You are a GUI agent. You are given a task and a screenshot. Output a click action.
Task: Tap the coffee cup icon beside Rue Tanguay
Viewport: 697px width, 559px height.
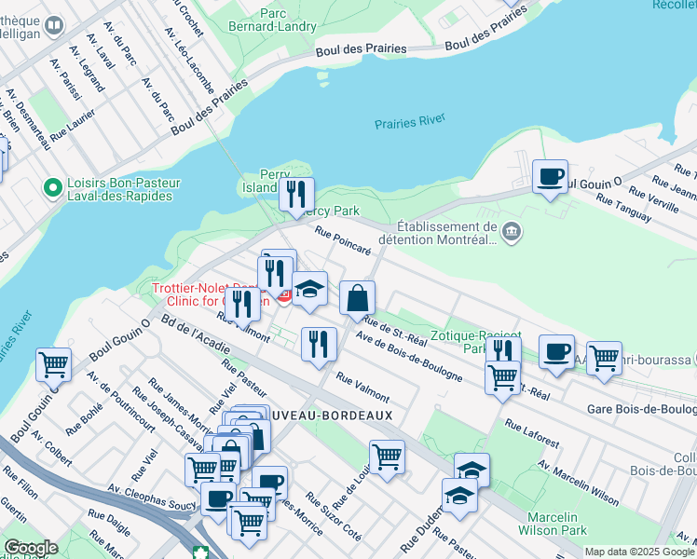(x=550, y=176)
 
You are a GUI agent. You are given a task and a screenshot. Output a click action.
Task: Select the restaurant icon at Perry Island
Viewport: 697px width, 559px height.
(x=296, y=195)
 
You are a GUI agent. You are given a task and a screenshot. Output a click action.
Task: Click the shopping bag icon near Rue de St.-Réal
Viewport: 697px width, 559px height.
(x=357, y=298)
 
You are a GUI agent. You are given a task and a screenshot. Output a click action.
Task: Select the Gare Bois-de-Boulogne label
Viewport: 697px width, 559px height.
(x=641, y=409)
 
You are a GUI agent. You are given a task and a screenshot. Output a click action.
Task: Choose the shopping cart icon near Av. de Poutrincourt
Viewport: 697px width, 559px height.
(x=53, y=364)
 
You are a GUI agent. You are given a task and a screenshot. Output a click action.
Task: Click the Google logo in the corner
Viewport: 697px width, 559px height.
(x=30, y=548)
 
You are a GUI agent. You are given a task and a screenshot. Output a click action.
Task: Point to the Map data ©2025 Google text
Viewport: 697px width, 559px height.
(x=640, y=552)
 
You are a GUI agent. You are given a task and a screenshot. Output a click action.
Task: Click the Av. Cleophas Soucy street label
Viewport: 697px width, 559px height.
(x=151, y=501)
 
